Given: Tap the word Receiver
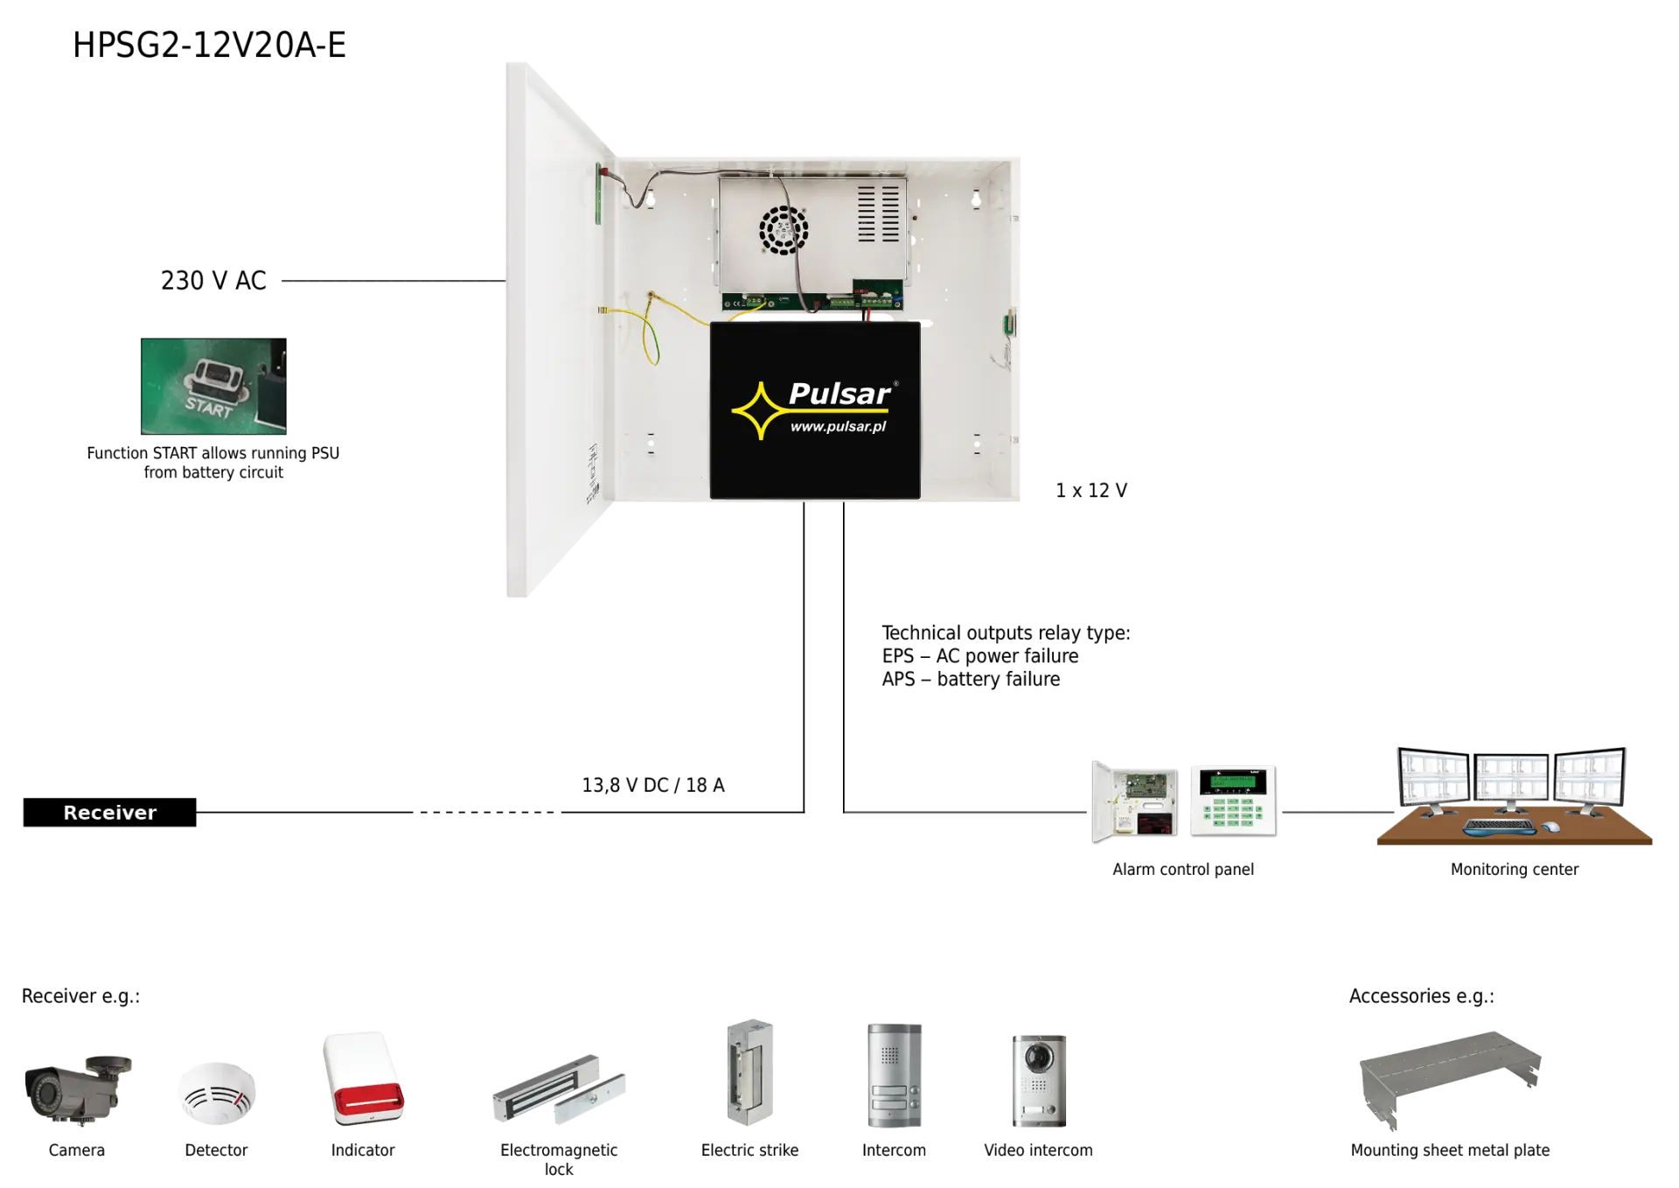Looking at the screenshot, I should click(110, 813).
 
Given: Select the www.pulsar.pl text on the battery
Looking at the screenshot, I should click(838, 427).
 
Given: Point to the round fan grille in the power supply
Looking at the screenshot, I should click(783, 230).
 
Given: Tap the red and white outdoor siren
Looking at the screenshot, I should click(364, 1079).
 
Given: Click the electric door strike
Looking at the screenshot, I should click(748, 1071).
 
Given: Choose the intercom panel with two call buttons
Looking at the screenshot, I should click(895, 1078).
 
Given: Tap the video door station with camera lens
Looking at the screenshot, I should click(1038, 1081).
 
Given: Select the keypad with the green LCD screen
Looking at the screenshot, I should click(1234, 801).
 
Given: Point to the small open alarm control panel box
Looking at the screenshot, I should click(1134, 800).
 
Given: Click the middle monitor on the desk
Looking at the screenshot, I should click(1512, 779).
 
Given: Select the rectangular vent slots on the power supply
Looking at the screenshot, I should click(879, 213).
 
